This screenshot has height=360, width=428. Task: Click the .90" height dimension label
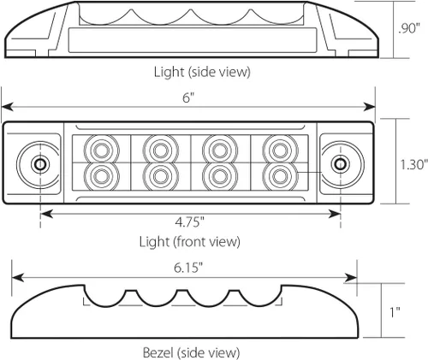[409, 28]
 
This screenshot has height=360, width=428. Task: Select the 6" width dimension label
[188, 98]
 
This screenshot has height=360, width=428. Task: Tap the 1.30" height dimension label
[414, 164]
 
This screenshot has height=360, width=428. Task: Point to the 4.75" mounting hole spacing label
[190, 221]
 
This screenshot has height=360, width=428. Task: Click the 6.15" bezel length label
[188, 268]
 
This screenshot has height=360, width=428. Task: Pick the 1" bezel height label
[395, 312]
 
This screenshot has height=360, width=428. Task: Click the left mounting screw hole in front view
[40, 164]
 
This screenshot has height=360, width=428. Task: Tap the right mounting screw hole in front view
[340, 164]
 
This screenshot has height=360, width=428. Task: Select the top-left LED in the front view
[101, 150]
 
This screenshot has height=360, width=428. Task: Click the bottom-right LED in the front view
[280, 176]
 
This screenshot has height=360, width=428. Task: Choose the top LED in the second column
[161, 150]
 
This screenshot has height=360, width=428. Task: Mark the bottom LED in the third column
[220, 176]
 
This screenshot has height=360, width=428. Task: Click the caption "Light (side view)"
[202, 72]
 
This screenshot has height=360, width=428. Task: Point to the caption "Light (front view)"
[190, 242]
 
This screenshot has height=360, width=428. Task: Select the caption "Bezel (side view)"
[191, 352]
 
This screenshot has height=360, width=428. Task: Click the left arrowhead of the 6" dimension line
[7, 107]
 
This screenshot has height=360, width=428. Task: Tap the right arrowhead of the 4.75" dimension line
[335, 214]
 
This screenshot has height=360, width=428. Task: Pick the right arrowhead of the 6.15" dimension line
[351, 277]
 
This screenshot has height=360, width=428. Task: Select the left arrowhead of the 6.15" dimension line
[17, 277]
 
